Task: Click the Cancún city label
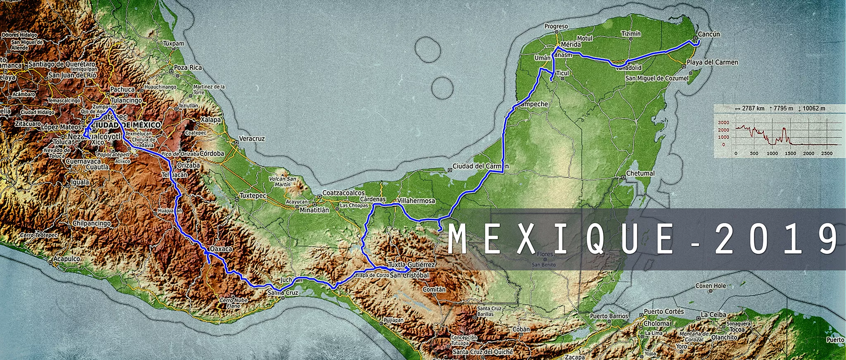pyautogui.click(x=708, y=34)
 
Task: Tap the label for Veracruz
pyautogui.click(x=252, y=138)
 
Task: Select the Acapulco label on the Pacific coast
pyautogui.click(x=67, y=259)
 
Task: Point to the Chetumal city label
pyautogui.click(x=640, y=173)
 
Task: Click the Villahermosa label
pyautogui.click(x=416, y=201)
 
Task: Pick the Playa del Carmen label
pyautogui.click(x=712, y=62)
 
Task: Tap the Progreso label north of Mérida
pyautogui.click(x=556, y=26)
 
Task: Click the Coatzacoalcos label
pyautogui.click(x=344, y=193)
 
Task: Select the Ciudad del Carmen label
pyautogui.click(x=480, y=166)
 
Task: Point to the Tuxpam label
pyautogui.click(x=173, y=43)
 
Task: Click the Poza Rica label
pyautogui.click(x=188, y=67)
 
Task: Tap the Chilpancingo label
pyautogui.click(x=92, y=223)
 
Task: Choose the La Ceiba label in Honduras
pyautogui.click(x=713, y=315)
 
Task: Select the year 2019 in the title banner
pyautogui.click(x=777, y=239)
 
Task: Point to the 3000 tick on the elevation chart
pyautogui.click(x=723, y=123)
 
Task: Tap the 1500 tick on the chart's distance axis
pyautogui.click(x=790, y=153)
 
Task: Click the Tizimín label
pyautogui.click(x=631, y=33)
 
